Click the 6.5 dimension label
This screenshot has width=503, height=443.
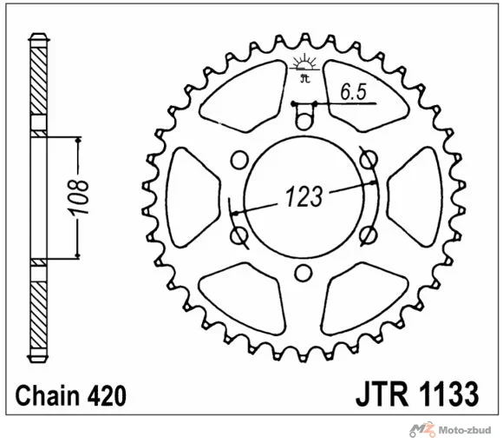click(353, 92)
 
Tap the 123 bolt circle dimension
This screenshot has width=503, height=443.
click(304, 196)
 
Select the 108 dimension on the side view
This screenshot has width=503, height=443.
click(78, 197)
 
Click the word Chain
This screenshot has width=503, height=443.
click(47, 395)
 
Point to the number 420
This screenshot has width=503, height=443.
click(106, 395)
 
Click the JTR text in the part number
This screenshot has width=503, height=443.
click(382, 393)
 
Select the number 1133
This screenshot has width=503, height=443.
click(447, 393)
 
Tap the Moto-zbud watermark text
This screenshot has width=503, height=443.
click(464, 431)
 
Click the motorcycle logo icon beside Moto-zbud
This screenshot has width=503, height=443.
click(422, 429)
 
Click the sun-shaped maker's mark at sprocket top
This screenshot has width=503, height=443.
click(304, 68)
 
